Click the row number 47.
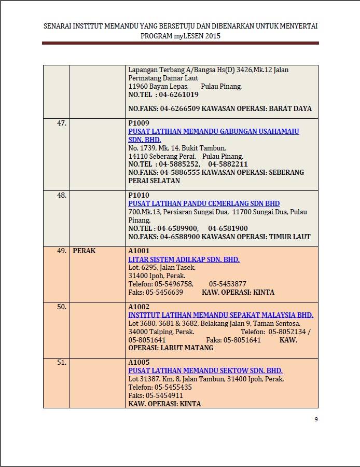pos(61,123)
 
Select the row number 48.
pos(61,195)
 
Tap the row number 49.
pos(61,251)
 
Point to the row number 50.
pos(61,307)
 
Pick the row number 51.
pos(61,362)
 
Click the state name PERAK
pos(84,251)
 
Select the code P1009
pos(139,123)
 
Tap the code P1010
pos(139,195)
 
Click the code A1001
pos(139,251)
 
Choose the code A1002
pos(139,307)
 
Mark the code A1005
pos(139,362)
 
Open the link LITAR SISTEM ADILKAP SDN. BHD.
pos(184,259)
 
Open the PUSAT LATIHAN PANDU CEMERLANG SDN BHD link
pos(204,203)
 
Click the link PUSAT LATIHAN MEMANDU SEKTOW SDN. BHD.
pos(205,370)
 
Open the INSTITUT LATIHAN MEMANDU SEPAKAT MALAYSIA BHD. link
pos(220,315)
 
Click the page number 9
pos(316,419)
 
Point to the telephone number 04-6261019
pos(178,95)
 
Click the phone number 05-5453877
pos(228,284)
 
